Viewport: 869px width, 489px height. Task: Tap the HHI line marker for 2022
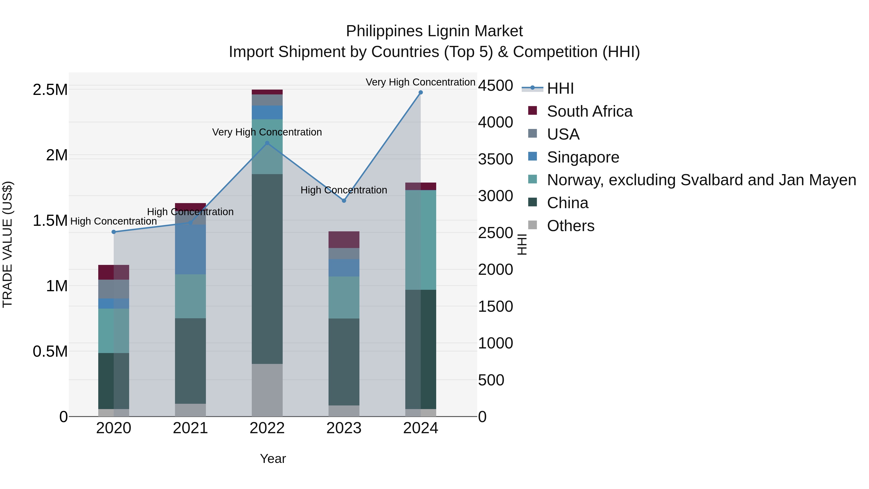click(267, 143)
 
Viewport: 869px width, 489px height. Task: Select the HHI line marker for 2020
click(114, 232)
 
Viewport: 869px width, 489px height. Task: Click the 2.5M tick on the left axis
click(50, 90)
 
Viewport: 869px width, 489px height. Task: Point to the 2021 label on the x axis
click(190, 428)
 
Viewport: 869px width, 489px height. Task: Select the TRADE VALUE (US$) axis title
click(7, 244)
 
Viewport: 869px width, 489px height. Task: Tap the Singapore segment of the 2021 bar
click(190, 249)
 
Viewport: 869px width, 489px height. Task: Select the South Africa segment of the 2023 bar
click(344, 240)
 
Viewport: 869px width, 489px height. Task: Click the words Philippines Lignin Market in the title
click(434, 31)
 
